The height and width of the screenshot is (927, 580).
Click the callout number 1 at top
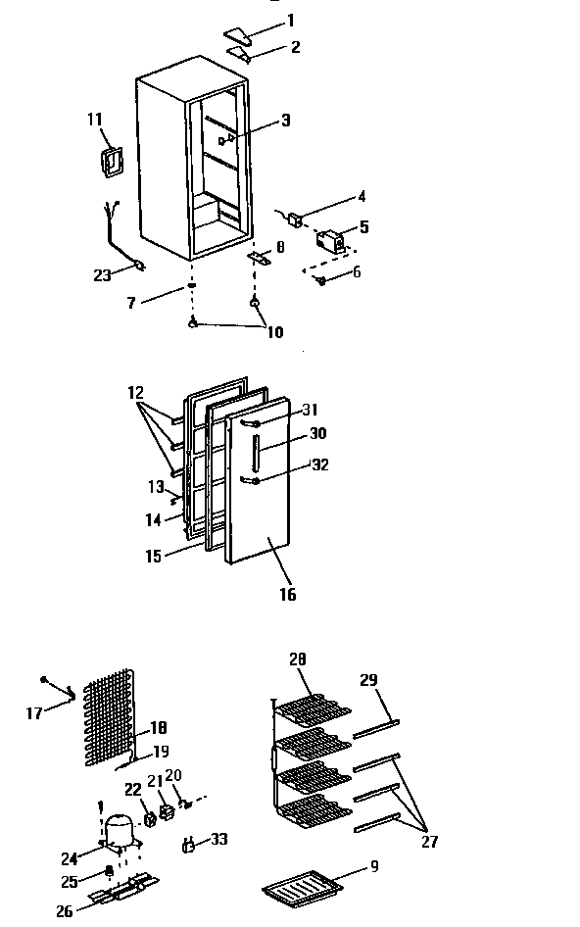(x=289, y=20)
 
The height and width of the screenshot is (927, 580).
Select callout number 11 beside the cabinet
(x=94, y=120)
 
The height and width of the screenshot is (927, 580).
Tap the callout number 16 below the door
(x=287, y=594)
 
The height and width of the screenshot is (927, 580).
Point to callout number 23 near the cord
(x=103, y=275)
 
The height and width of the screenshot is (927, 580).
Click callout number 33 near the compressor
(x=218, y=839)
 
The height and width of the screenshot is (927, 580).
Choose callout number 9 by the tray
(x=375, y=866)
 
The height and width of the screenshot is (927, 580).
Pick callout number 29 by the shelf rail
(x=368, y=679)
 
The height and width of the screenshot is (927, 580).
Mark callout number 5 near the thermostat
(x=364, y=226)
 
